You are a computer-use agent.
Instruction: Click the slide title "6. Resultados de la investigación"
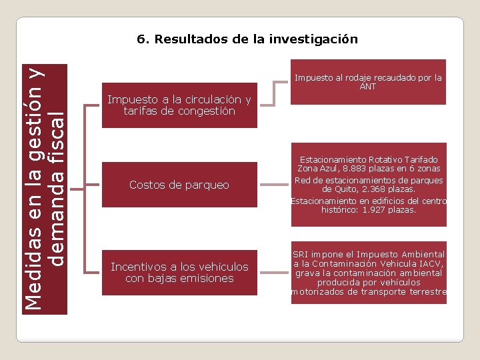pos(247,39)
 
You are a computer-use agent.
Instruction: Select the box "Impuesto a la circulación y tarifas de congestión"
pos(179,105)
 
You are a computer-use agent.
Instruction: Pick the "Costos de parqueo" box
pos(179,185)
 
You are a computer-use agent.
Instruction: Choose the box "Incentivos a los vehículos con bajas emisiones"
pos(179,272)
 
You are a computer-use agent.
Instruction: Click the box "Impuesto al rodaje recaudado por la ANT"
pos(368,82)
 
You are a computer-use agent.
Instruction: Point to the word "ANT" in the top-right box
pos(368,87)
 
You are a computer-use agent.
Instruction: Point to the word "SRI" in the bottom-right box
pos(301,255)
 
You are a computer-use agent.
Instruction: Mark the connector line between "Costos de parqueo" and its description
pos(273,185)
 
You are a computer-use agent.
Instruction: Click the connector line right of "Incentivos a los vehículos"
pos(273,272)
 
